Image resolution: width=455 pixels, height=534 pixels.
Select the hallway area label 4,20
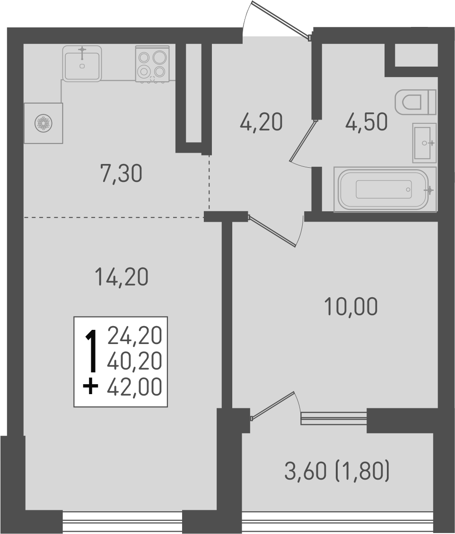[261, 122]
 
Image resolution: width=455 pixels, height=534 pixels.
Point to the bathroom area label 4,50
[366, 122]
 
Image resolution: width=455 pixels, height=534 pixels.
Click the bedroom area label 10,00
[351, 307]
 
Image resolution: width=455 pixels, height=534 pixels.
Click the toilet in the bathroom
[414, 102]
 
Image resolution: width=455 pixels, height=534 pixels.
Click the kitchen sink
[82, 64]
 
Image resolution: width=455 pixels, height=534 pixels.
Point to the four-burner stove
[152, 64]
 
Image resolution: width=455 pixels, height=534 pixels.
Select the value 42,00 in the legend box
[135, 387]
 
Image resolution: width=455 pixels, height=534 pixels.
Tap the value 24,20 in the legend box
[135, 336]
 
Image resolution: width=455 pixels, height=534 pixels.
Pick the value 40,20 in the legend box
[135, 362]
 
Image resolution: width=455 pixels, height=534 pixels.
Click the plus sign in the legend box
[90, 387]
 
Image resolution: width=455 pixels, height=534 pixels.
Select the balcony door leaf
[273, 405]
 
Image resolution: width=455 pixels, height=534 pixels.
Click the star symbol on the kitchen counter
[43, 123]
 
